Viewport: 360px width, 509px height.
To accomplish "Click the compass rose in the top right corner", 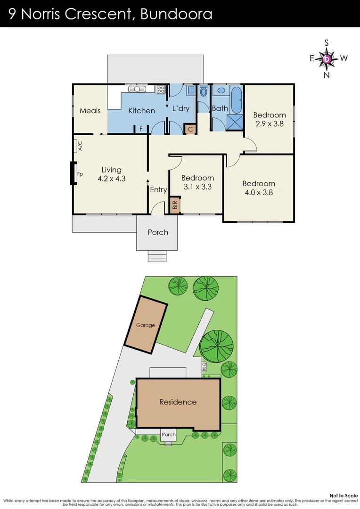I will [x=327, y=59].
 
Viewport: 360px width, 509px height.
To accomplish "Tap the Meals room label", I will [x=90, y=111].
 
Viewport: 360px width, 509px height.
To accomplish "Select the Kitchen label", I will [x=141, y=111].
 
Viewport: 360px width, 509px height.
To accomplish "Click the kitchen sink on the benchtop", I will [x=138, y=89].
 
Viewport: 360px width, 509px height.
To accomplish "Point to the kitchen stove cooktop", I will [x=161, y=89].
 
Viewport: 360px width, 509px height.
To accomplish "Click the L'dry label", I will [x=180, y=108].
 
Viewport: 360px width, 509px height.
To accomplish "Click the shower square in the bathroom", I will [x=234, y=122].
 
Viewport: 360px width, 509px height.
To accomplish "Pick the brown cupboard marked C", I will [x=190, y=129].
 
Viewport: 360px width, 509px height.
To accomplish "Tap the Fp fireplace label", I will [x=80, y=174].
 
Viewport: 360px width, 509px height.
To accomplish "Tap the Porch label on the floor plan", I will [x=158, y=232].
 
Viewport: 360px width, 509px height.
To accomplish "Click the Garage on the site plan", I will [x=146, y=325].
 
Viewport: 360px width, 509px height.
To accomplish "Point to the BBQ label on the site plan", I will [x=204, y=367].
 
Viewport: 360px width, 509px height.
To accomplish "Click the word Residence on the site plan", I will [x=178, y=402].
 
